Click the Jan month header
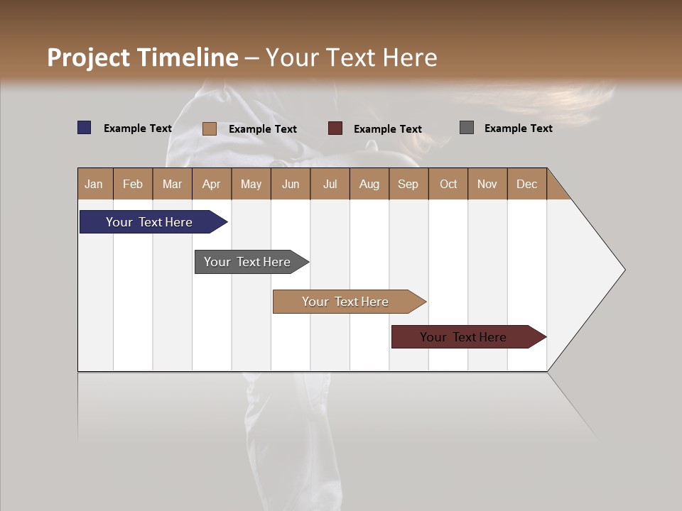(x=94, y=184)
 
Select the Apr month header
(x=212, y=184)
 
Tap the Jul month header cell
(x=330, y=184)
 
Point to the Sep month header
(x=408, y=184)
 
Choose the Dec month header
(x=526, y=184)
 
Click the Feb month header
(x=133, y=184)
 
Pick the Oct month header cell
(x=448, y=184)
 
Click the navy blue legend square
(x=85, y=128)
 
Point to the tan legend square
(x=210, y=128)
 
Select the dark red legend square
(x=335, y=128)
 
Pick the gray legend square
(x=467, y=128)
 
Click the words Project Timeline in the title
(x=143, y=57)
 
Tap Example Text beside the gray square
(x=518, y=128)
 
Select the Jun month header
(x=291, y=184)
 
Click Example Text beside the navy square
(x=138, y=128)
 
